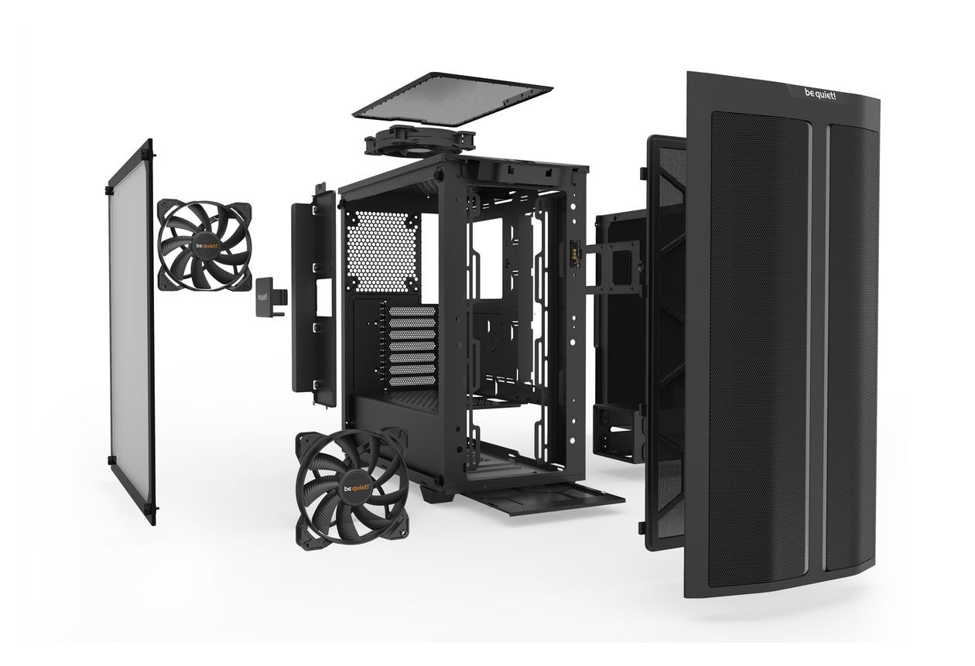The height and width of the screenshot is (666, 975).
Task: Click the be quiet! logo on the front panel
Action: tap(820, 94)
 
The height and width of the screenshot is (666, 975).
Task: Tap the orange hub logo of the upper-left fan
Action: tap(207, 247)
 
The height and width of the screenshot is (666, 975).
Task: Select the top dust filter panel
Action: tap(452, 100)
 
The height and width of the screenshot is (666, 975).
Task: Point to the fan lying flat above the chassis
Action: tap(419, 140)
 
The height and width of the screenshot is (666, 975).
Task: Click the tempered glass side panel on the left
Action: tap(132, 332)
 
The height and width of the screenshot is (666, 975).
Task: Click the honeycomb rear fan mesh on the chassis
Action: tap(382, 251)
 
